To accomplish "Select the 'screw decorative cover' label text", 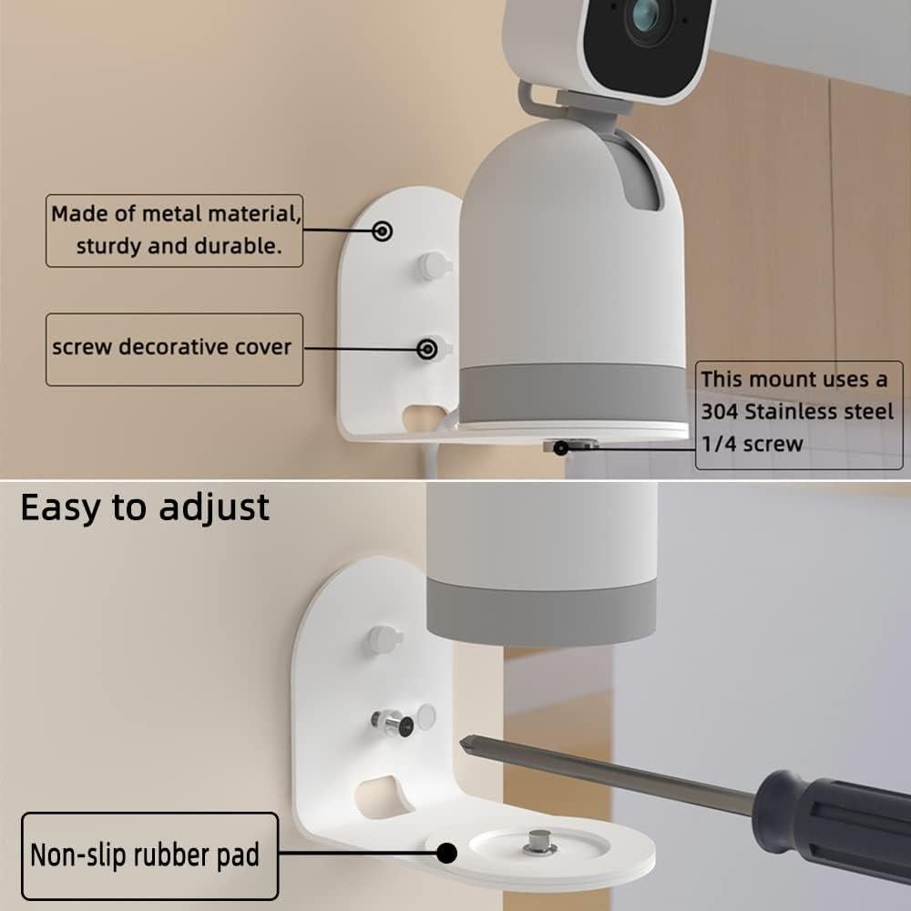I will pos(172,347).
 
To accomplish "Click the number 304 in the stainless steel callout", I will pos(720,412).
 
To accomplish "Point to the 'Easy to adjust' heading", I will pos(145,507).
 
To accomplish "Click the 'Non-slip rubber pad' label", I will pos(145,855).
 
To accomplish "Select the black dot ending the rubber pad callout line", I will pos(446,854).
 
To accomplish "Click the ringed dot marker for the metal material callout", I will pos(384,231).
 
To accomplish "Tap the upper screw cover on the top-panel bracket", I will pos(433,266).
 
